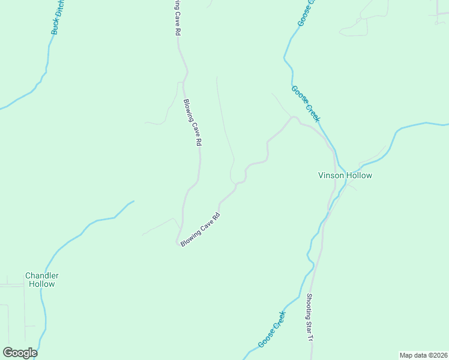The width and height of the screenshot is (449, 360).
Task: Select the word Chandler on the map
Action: pyautogui.click(x=41, y=276)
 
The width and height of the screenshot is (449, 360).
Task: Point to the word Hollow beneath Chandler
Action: pyautogui.click(x=41, y=284)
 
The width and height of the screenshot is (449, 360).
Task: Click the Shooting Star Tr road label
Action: pyautogui.click(x=310, y=317)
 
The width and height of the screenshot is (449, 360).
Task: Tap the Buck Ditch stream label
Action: pyautogui.click(x=58, y=18)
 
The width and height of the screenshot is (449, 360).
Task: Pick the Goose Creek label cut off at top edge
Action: pyautogui.click(x=306, y=12)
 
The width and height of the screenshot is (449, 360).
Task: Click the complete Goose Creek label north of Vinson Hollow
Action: pyautogui.click(x=306, y=104)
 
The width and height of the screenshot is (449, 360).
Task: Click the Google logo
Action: pyautogui.click(x=20, y=353)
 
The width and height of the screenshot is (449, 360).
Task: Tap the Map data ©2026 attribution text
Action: pyautogui.click(x=423, y=355)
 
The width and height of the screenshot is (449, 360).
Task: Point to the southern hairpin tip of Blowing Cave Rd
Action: pyautogui.click(x=178, y=242)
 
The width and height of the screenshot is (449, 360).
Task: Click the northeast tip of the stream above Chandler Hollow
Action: pyautogui.click(x=133, y=202)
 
